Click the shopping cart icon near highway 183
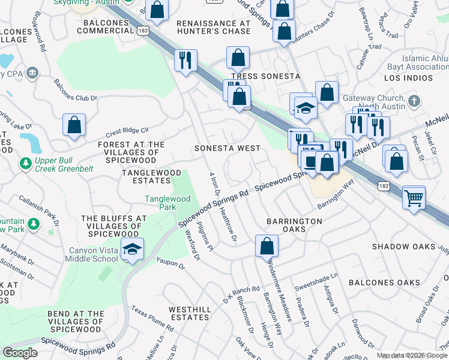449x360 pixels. (414, 197)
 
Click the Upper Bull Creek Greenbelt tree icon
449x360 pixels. (25, 163)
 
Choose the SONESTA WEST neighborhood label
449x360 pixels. (228, 148)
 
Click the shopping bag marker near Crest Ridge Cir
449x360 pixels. (74, 125)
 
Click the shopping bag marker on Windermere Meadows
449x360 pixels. (267, 245)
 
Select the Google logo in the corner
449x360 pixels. (20, 353)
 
